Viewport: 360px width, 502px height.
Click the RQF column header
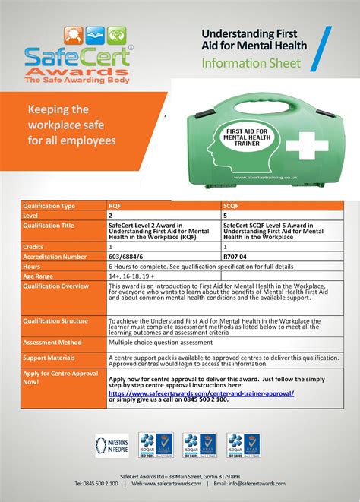tap(114, 206)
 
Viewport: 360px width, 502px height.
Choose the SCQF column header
tap(231, 206)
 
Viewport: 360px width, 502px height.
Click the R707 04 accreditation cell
tap(236, 257)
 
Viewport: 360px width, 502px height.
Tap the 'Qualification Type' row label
tap(49, 206)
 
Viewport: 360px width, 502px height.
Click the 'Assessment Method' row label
tap(52, 343)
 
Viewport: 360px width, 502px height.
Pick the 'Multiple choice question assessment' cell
tap(159, 343)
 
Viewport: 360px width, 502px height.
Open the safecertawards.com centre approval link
tap(201, 393)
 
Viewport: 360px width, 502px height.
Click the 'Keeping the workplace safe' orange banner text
tap(71, 125)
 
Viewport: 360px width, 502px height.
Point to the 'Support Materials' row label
tap(49, 357)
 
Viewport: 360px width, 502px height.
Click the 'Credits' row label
tap(33, 247)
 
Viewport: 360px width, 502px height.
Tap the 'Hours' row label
tap(32, 267)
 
